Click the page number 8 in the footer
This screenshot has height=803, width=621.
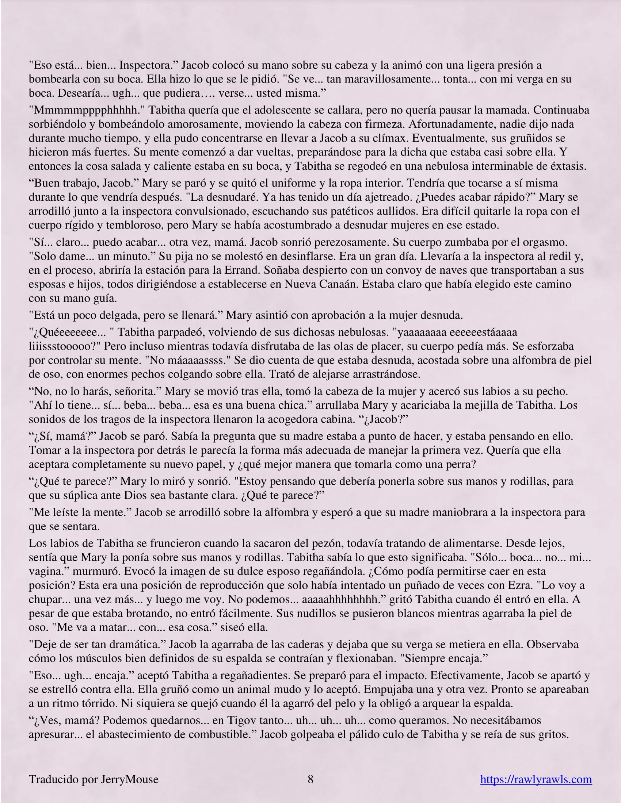click(x=310, y=779)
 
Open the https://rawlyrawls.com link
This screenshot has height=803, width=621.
click(x=536, y=779)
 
